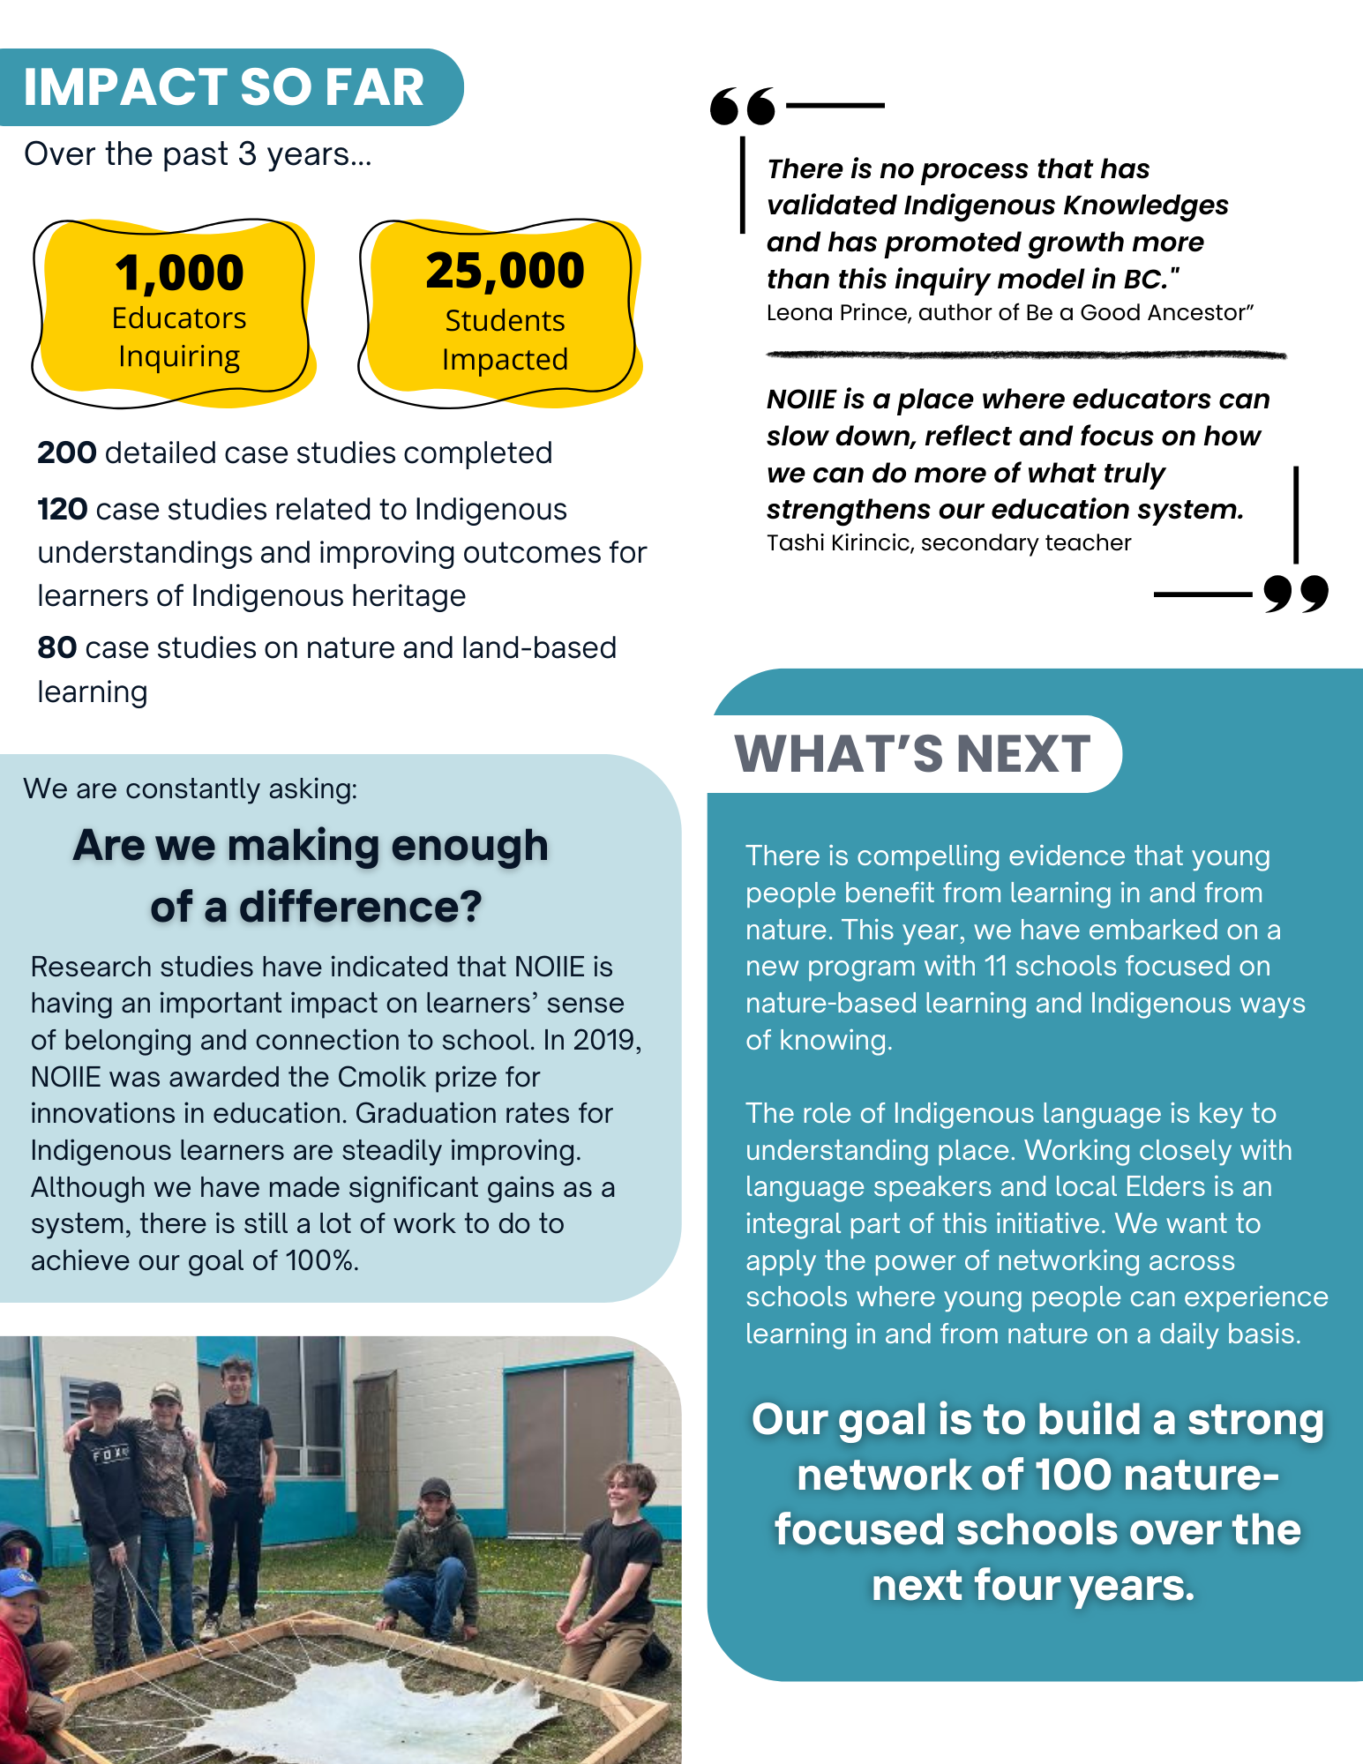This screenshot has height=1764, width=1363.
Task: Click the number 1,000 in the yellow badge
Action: (x=179, y=273)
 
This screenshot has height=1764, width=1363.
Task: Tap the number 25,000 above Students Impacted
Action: (x=505, y=271)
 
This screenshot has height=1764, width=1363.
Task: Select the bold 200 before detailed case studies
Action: (x=67, y=453)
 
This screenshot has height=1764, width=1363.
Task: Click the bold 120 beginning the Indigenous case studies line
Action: (x=62, y=510)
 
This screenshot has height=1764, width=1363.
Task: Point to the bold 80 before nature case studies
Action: (x=56, y=648)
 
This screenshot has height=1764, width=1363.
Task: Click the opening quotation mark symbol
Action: (x=743, y=107)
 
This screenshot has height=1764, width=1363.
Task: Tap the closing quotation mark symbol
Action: (x=1296, y=594)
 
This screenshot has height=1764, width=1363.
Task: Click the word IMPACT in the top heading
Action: (x=124, y=87)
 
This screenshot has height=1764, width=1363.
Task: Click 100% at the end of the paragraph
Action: (x=321, y=1261)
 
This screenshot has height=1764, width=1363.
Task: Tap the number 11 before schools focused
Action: (x=995, y=967)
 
